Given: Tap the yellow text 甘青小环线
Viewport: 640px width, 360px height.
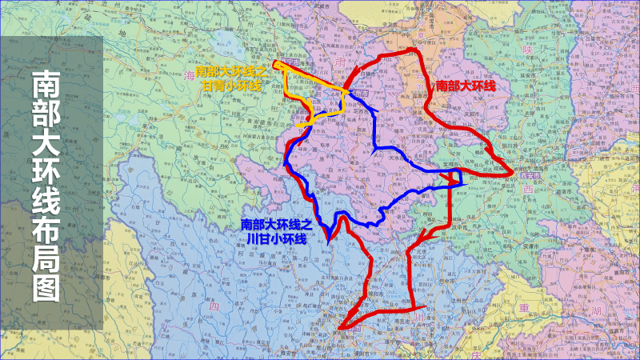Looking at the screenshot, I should click(232, 84).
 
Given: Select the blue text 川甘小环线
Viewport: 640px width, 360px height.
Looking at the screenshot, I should click(277, 238).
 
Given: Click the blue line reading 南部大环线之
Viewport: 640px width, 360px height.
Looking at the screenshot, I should click(277, 226).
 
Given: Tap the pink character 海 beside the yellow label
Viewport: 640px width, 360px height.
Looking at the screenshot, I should click(190, 74).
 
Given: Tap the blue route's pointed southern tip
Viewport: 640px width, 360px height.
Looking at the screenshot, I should click(329, 238).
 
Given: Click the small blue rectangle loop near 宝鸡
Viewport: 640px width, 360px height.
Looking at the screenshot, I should click(454, 178).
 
